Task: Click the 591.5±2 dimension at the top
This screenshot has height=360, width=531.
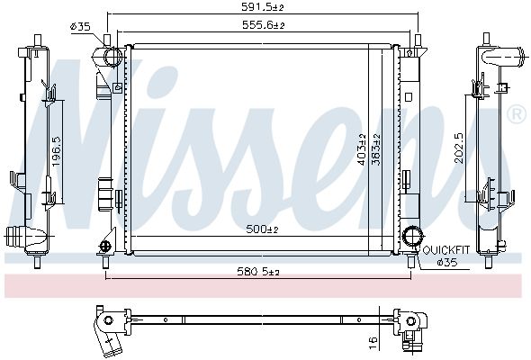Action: click(262, 7)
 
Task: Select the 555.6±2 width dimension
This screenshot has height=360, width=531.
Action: click(263, 24)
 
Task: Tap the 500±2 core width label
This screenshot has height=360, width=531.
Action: click(262, 229)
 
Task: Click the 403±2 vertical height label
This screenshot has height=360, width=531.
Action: click(362, 149)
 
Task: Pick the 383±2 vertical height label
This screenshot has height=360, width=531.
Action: click(376, 149)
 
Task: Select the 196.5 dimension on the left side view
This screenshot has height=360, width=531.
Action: click(57, 151)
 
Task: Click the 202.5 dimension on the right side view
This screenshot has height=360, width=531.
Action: click(459, 148)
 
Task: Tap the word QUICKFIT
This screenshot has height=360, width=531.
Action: click(446, 250)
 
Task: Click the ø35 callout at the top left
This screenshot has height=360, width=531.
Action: click(81, 26)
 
